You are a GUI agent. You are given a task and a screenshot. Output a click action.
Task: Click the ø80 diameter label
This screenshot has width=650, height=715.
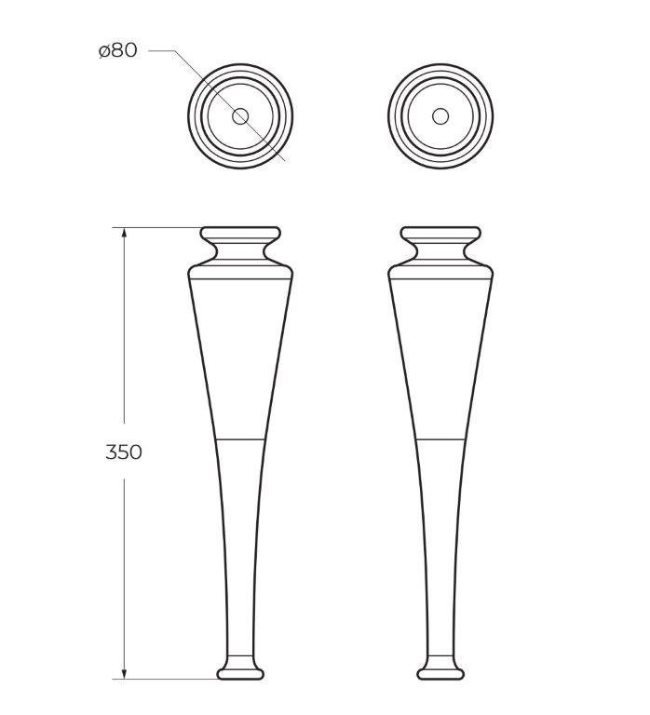point(117,50)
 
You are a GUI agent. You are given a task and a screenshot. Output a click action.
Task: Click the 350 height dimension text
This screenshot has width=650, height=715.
point(124,452)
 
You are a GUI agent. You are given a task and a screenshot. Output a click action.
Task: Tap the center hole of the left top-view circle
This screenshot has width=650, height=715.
point(240,116)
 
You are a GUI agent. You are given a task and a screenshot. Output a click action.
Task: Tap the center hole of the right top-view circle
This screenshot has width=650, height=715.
point(440,116)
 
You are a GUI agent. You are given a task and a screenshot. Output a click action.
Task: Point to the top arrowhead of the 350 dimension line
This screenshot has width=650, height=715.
point(124,231)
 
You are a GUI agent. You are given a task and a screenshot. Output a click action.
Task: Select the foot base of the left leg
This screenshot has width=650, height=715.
point(240,670)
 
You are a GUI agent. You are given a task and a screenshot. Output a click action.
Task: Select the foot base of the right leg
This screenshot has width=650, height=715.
point(440,670)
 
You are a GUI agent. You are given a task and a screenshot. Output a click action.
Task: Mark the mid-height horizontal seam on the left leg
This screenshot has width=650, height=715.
point(240,438)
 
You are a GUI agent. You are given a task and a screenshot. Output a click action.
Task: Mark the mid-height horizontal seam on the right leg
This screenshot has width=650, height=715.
point(440,438)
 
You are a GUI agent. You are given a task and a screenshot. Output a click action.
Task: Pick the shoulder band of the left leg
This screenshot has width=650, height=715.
point(240,272)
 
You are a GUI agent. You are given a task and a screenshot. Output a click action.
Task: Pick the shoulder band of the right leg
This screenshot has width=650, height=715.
point(440,272)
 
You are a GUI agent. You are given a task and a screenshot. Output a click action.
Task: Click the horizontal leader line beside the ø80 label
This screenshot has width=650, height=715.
point(160,50)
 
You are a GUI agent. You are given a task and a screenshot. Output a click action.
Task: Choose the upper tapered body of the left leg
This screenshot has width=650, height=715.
point(240,354)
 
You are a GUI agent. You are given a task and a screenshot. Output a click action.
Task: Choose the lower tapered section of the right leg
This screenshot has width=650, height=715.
point(440,540)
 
